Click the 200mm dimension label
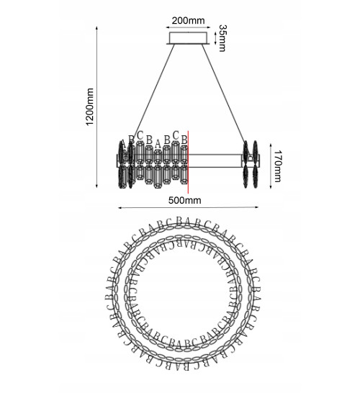[188, 20]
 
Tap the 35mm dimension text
[222, 38]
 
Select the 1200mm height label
[90, 107]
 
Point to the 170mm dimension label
[277, 166]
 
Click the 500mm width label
[184, 200]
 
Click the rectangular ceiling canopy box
[188, 38]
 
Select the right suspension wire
[223, 93]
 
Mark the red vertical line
[188, 162]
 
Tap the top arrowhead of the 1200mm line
[96, 27]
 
